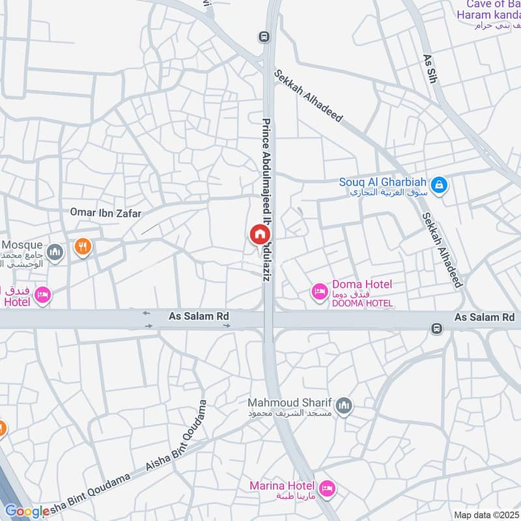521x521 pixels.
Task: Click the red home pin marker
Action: (x=259, y=234)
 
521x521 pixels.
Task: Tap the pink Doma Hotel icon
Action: (x=320, y=291)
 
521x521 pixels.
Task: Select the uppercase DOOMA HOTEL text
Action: (x=362, y=303)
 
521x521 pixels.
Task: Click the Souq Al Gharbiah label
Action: (x=382, y=182)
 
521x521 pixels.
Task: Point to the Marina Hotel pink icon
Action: (x=327, y=487)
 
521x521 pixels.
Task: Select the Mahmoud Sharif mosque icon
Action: (x=345, y=406)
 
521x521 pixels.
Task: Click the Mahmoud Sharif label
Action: (x=290, y=402)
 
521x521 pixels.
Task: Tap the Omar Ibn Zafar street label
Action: (x=106, y=213)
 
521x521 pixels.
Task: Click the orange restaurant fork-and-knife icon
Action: (x=82, y=247)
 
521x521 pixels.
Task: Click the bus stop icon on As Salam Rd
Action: (x=436, y=329)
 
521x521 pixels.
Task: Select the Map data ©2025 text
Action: (x=486, y=515)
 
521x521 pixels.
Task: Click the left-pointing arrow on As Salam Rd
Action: (x=146, y=313)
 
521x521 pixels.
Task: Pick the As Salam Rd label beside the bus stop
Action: (x=484, y=317)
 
